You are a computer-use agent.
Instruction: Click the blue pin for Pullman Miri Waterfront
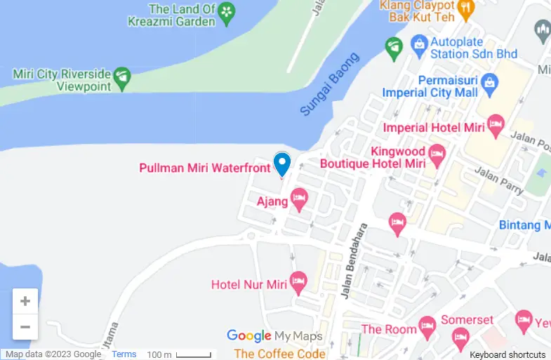[281, 163]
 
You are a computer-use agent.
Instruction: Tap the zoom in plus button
[25, 301]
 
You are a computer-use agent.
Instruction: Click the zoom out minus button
[25, 326]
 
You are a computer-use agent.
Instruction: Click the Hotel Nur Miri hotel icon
[298, 283]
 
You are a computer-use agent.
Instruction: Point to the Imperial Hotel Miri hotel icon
[496, 126]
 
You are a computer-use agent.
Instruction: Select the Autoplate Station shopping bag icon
[419, 45]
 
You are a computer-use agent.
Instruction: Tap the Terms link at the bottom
[124, 354]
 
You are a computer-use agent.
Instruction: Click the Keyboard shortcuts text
[507, 355]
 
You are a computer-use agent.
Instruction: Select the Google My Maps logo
[274, 336]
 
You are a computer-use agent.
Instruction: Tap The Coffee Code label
[279, 354]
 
